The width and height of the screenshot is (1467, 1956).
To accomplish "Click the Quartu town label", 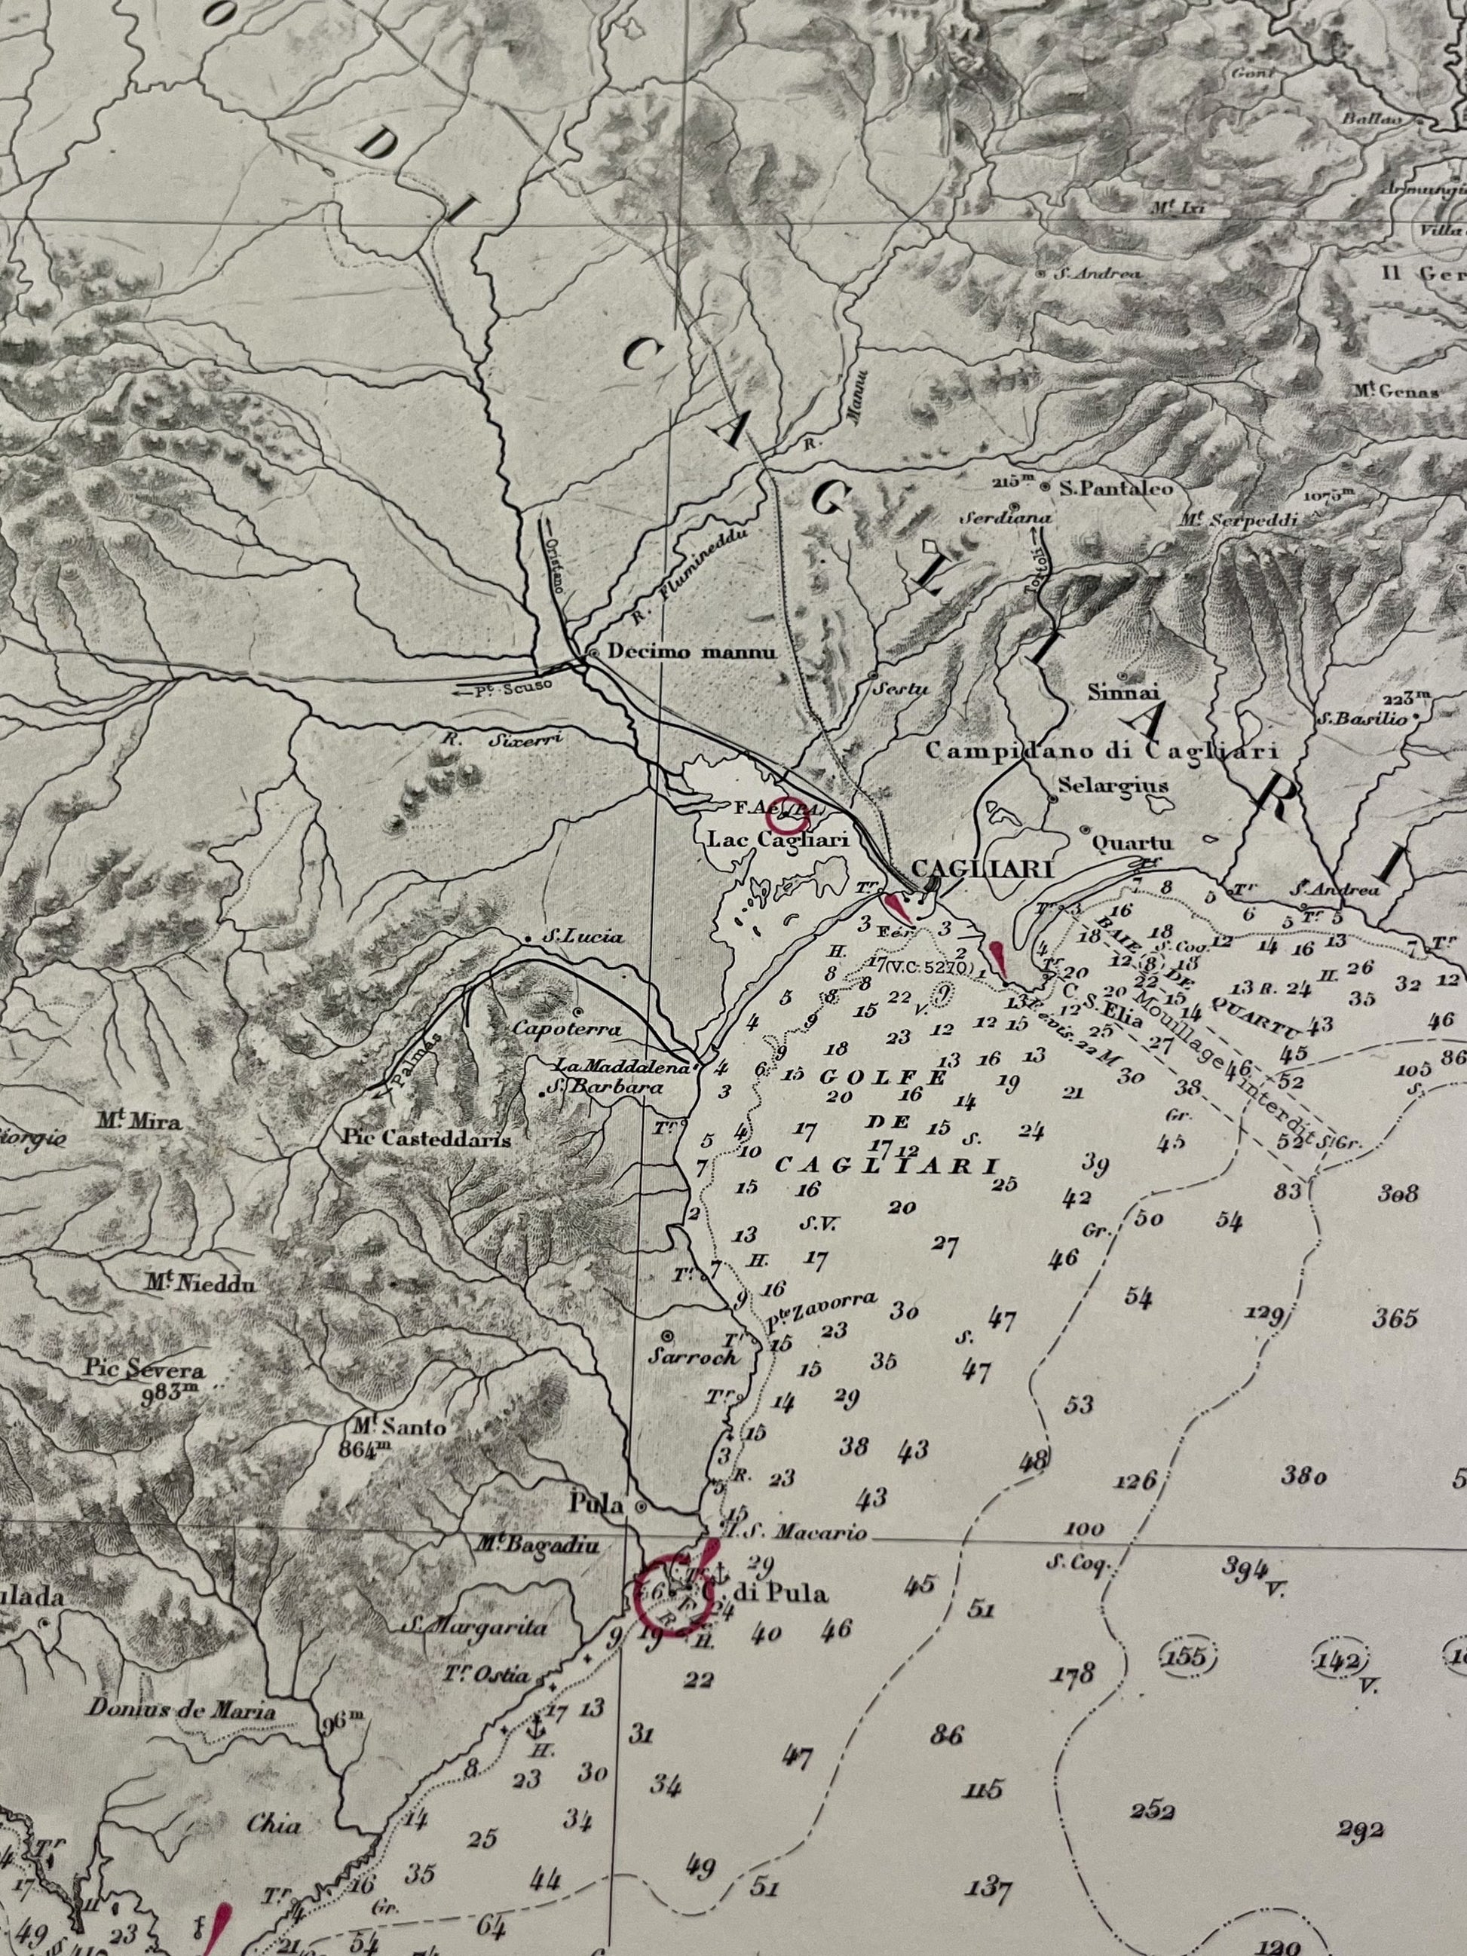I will click(x=1132, y=843).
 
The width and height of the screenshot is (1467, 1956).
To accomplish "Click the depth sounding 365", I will click(x=1396, y=1319).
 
